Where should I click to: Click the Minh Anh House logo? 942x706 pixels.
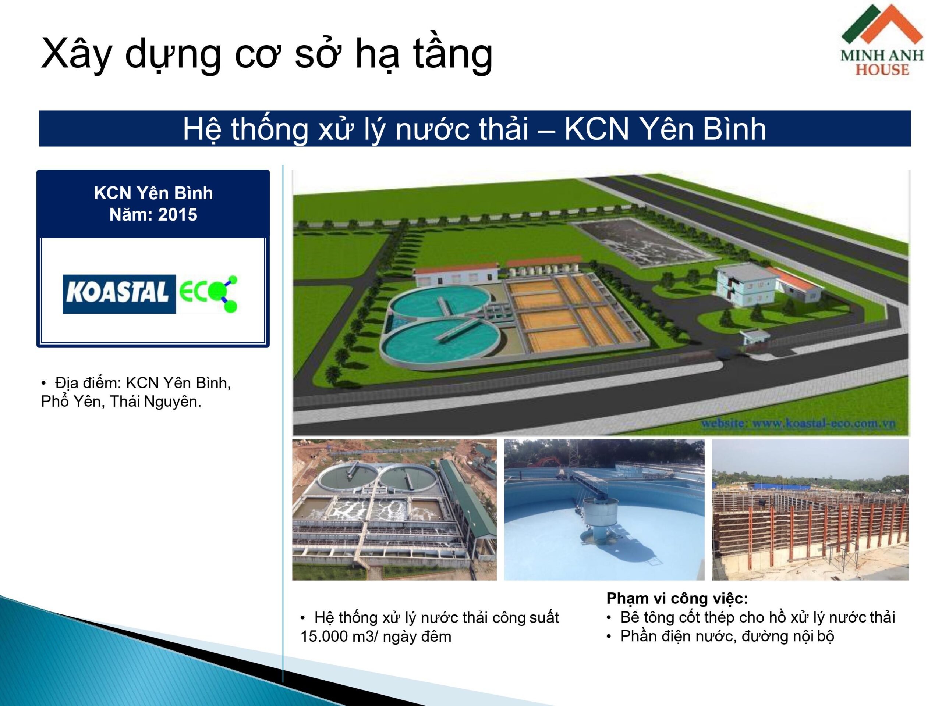tap(882, 40)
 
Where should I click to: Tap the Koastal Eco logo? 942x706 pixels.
tap(150, 294)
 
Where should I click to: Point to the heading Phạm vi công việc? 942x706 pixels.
tap(677, 598)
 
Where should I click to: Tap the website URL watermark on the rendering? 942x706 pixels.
tap(798, 424)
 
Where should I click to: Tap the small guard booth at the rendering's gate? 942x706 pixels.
tap(754, 338)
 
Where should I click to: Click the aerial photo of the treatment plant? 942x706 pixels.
tap(394, 510)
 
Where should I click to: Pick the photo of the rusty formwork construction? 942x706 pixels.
tap(810, 510)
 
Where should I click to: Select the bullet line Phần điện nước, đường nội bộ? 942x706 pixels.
tap(720, 636)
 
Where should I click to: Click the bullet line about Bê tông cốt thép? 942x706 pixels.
tap(751, 617)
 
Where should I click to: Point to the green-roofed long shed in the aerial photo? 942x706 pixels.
tap(467, 502)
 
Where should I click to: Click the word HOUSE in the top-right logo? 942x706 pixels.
tap(882, 69)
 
